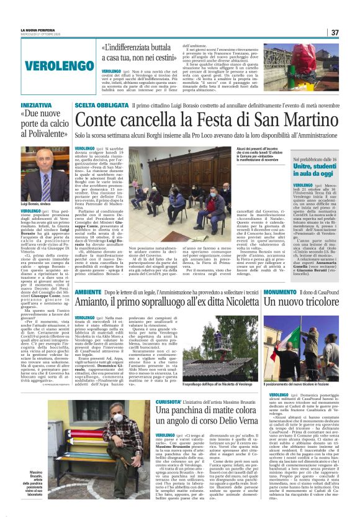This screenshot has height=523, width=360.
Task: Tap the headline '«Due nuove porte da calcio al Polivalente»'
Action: [43, 125]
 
